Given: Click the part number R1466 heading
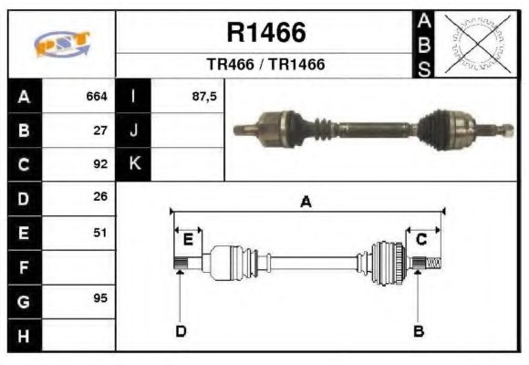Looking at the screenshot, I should point(265,33).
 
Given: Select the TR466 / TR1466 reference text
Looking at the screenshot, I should point(265,66).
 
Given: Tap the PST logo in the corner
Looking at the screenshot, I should point(62,45).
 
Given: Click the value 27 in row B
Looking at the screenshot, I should point(100,130).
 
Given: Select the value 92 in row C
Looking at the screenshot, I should point(100,164).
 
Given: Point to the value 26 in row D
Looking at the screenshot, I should point(100,197).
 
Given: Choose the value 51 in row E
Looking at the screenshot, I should point(100,233).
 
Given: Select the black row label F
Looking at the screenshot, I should point(24,267).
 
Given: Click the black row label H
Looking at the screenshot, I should point(24,335).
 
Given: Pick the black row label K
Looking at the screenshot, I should point(133,164).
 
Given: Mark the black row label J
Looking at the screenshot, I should point(133,130).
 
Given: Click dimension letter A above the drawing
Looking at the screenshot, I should point(306,203).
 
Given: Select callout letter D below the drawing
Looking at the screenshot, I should point(181,331).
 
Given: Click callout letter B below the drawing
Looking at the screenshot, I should point(419,331).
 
